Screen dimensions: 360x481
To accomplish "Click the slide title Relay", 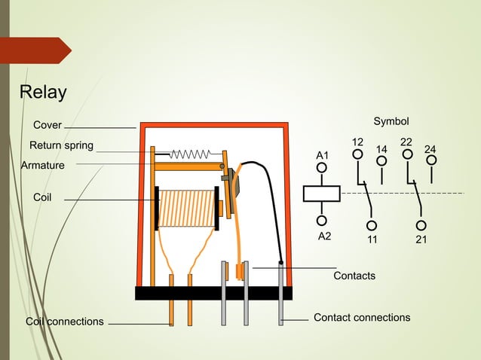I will [x=42, y=93].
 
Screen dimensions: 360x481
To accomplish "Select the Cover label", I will [x=47, y=124].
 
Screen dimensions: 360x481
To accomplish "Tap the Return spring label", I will [x=61, y=145].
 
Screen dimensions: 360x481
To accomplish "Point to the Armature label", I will [x=42, y=165].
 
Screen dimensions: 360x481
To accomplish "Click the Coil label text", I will [x=42, y=196].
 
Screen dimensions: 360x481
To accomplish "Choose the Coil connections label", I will [x=65, y=322].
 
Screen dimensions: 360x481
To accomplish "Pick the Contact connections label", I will [x=362, y=317].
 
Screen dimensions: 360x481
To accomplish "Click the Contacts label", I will [x=354, y=276].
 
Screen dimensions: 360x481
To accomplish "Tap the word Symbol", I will [x=391, y=121].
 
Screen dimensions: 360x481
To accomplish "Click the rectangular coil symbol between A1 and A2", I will [x=322, y=194].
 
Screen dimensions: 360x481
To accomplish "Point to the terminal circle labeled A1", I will [x=322, y=168].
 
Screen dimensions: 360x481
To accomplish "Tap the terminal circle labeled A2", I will [x=322, y=221].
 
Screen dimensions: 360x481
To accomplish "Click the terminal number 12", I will [x=358, y=142].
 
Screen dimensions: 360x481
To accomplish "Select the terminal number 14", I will [x=382, y=148].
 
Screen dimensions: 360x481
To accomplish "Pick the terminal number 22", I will [x=406, y=142].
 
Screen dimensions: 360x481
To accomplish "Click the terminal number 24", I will [x=430, y=148].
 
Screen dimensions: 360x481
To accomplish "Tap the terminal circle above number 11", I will [x=372, y=225].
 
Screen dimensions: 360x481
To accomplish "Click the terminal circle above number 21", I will [x=421, y=225].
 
